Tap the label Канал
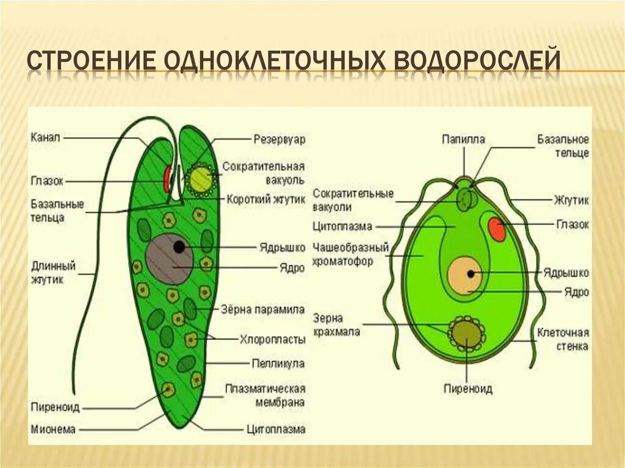pos(45,138)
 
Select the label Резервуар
pos(279,139)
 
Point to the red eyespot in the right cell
pos(496,229)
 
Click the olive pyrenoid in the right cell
pos(466,333)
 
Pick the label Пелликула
pos(278,364)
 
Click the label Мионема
pos(52,430)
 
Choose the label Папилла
pos(463,139)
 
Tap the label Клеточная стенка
pos(563,339)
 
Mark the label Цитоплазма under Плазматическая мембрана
pos(275,429)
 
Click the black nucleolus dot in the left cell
pos(179,247)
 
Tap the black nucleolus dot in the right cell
pos(471,274)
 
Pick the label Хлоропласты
pos(272,337)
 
